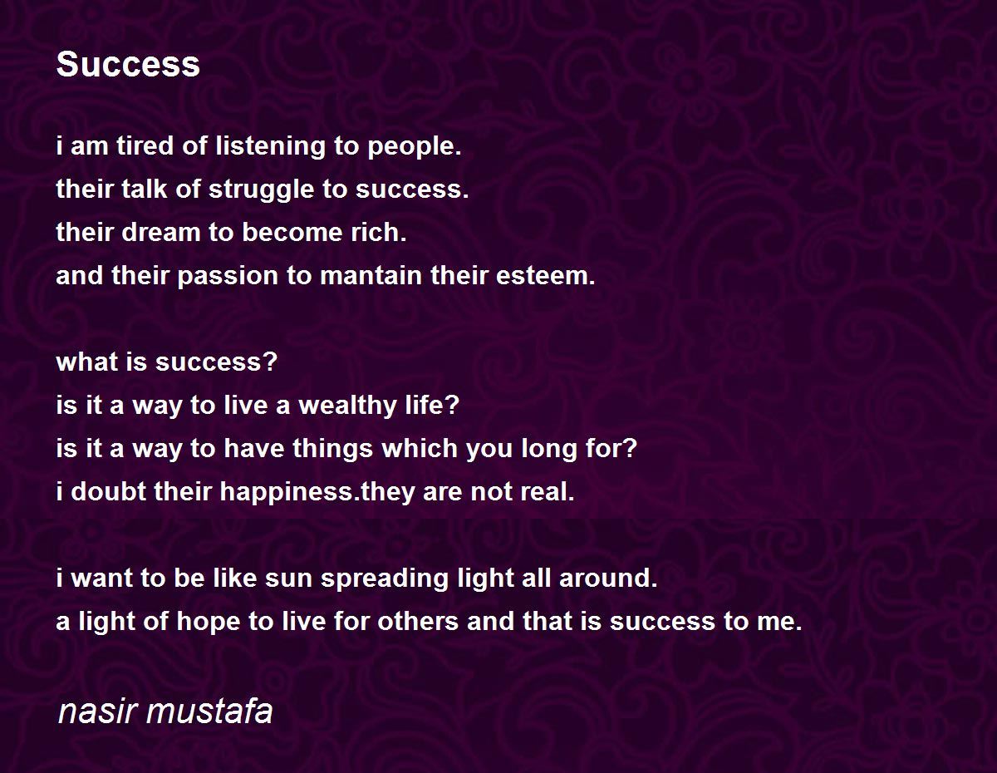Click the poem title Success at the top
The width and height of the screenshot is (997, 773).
(x=128, y=64)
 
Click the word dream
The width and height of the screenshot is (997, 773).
(x=161, y=232)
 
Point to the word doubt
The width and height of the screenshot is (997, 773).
(x=108, y=491)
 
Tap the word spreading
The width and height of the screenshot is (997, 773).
(x=385, y=579)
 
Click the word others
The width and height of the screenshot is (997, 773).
(x=418, y=621)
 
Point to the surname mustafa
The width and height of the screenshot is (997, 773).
(x=210, y=711)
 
